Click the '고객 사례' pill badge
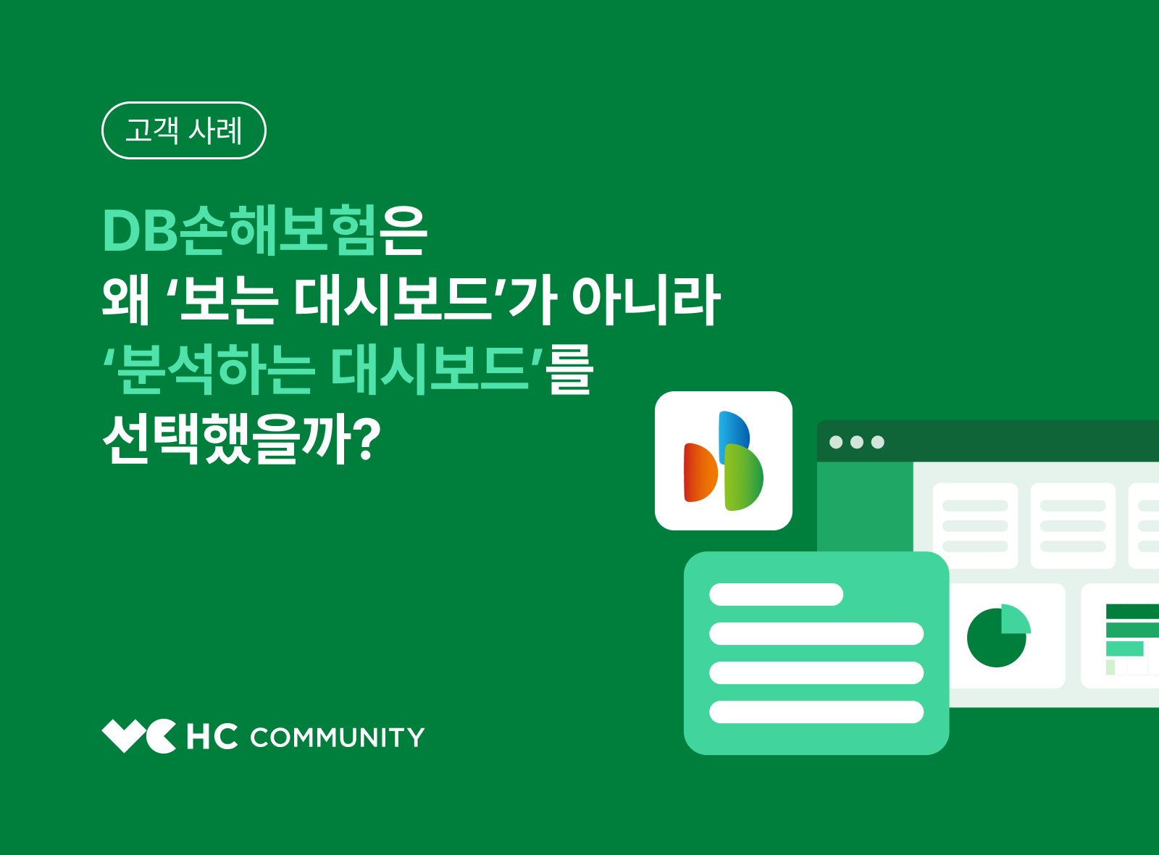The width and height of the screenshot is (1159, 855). (x=184, y=130)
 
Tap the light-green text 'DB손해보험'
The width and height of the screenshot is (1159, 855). (x=239, y=230)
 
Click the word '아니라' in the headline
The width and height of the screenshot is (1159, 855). (x=646, y=299)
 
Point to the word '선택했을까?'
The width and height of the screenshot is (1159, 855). (x=242, y=438)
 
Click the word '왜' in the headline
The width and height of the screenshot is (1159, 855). (x=125, y=299)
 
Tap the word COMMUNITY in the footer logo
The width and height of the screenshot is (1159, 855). (x=338, y=738)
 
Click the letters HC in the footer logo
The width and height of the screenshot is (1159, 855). (x=212, y=737)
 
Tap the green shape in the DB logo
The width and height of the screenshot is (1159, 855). (x=744, y=478)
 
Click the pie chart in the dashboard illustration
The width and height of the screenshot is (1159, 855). (x=997, y=636)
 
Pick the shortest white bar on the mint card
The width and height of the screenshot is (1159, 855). (x=776, y=595)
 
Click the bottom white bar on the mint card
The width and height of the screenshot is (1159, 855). (x=816, y=712)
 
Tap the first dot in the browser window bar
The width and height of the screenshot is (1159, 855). (x=836, y=442)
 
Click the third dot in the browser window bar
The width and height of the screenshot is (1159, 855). (x=878, y=442)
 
